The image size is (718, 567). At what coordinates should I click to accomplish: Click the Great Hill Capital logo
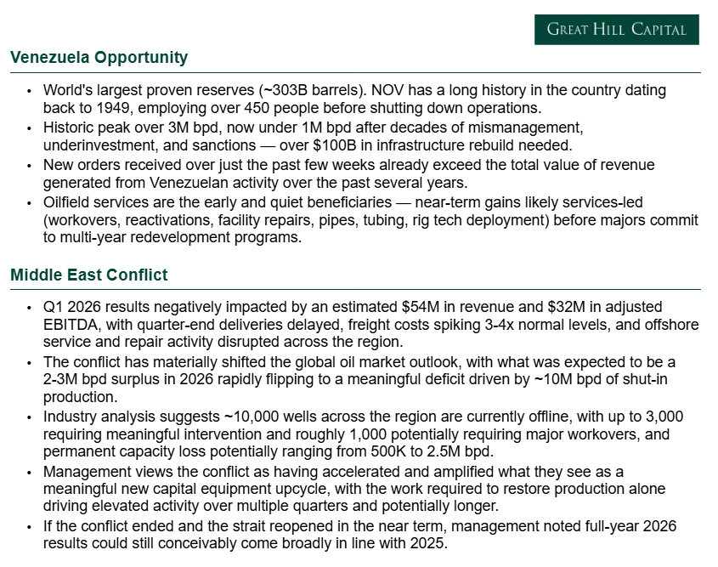click(616, 30)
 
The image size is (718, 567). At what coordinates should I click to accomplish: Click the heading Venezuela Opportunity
click(99, 58)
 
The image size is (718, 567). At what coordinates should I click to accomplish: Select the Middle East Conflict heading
click(89, 275)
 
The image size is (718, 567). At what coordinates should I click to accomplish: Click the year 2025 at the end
click(430, 544)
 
